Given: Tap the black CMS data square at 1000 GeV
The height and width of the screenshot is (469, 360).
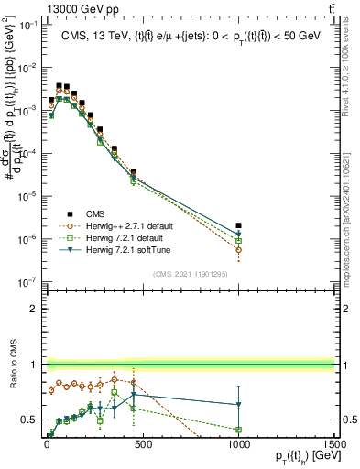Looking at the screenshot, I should click(x=238, y=224).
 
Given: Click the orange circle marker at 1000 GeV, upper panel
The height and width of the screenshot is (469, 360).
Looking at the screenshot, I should click(x=238, y=249).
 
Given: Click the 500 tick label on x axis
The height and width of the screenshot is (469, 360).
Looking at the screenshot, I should click(x=142, y=445).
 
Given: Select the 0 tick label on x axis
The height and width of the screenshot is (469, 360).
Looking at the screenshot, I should click(x=47, y=445).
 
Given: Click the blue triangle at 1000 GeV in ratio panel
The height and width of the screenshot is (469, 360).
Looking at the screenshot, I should click(x=238, y=404).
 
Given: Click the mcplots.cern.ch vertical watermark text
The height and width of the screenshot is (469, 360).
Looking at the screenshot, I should click(x=352, y=234).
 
